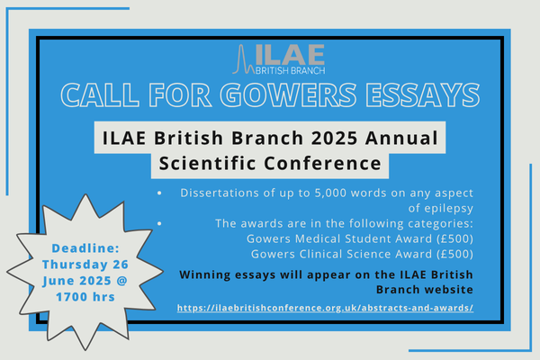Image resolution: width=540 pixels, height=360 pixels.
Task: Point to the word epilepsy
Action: (x=441, y=209)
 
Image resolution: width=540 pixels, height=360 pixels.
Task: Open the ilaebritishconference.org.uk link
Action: (x=325, y=308)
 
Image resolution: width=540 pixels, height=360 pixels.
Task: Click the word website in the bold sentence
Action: (x=444, y=290)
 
